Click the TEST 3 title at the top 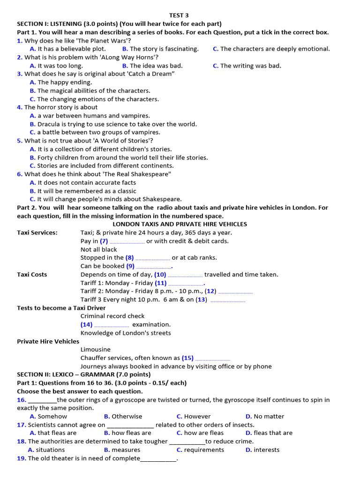[179, 15]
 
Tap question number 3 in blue [20, 74]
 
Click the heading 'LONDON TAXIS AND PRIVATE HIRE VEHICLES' [180, 224]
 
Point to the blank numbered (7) [127, 242]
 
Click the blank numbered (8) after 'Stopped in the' [152, 258]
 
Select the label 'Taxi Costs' [32, 275]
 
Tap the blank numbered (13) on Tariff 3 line [228, 300]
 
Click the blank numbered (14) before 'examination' [112, 325]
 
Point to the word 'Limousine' [96, 350]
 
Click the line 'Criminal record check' [112, 316]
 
